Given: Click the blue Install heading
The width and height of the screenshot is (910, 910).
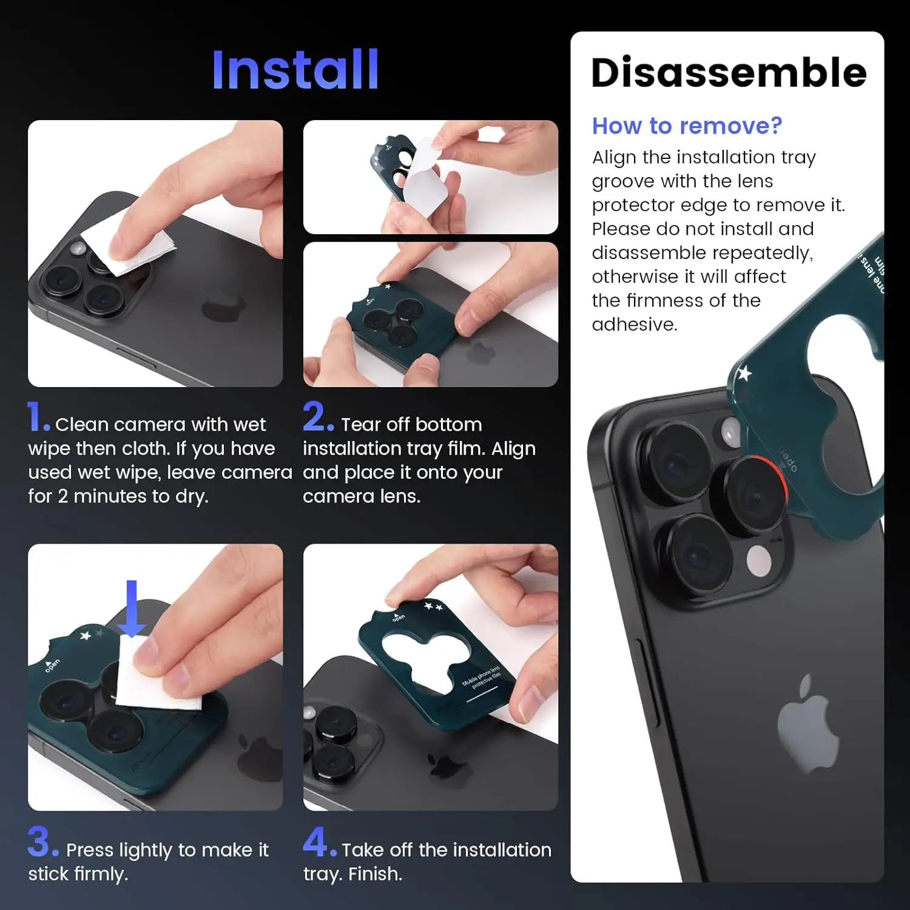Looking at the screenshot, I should pos(295,70).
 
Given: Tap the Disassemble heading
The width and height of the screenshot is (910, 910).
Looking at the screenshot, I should pos(728,73).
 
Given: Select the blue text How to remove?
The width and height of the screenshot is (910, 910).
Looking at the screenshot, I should pos(687,126).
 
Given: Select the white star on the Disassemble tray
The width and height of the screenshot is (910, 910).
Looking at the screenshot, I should pos(744,373).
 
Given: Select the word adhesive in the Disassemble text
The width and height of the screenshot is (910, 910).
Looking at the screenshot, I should pos(634,325).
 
